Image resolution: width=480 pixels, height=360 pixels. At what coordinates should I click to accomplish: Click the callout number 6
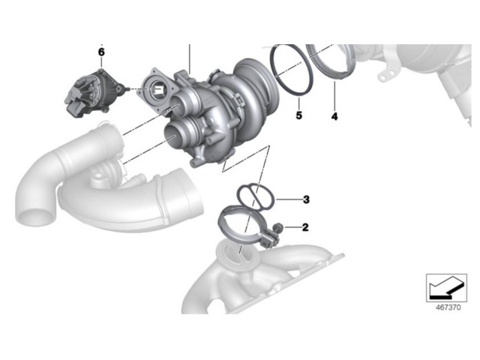click(101, 52)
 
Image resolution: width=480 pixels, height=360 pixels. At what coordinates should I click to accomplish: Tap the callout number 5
click(298, 116)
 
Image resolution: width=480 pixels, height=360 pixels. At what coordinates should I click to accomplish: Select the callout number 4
click(334, 116)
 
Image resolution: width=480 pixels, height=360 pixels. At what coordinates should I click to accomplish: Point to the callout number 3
click(306, 199)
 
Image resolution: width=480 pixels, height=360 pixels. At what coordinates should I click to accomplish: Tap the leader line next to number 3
click(288, 199)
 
